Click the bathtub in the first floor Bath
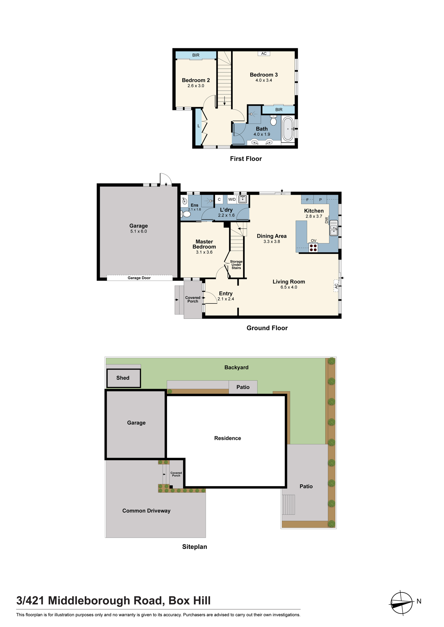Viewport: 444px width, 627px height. point(288,129)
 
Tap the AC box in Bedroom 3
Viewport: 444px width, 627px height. point(264,54)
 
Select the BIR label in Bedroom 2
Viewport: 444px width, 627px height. point(196,55)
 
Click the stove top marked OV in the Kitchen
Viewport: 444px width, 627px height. point(313,248)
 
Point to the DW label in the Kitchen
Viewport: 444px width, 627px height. point(327,220)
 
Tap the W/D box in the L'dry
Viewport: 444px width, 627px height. point(232,199)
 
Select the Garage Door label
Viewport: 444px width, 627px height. point(139,278)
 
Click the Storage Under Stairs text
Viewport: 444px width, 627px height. point(236,265)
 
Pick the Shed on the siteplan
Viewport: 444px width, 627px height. point(123,378)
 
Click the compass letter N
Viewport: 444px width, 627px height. point(419,601)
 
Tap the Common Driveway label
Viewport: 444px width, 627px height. point(146,511)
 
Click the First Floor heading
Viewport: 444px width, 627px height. point(246,159)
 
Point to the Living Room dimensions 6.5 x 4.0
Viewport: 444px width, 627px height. point(289,287)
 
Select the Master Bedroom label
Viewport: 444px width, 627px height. point(204,244)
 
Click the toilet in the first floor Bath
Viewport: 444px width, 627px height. point(273,120)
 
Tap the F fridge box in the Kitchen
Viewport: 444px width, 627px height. point(307,199)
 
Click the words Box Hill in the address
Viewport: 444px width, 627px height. point(190,601)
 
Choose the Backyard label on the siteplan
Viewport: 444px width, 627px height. point(236,367)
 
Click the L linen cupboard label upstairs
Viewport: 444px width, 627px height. point(198,126)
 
